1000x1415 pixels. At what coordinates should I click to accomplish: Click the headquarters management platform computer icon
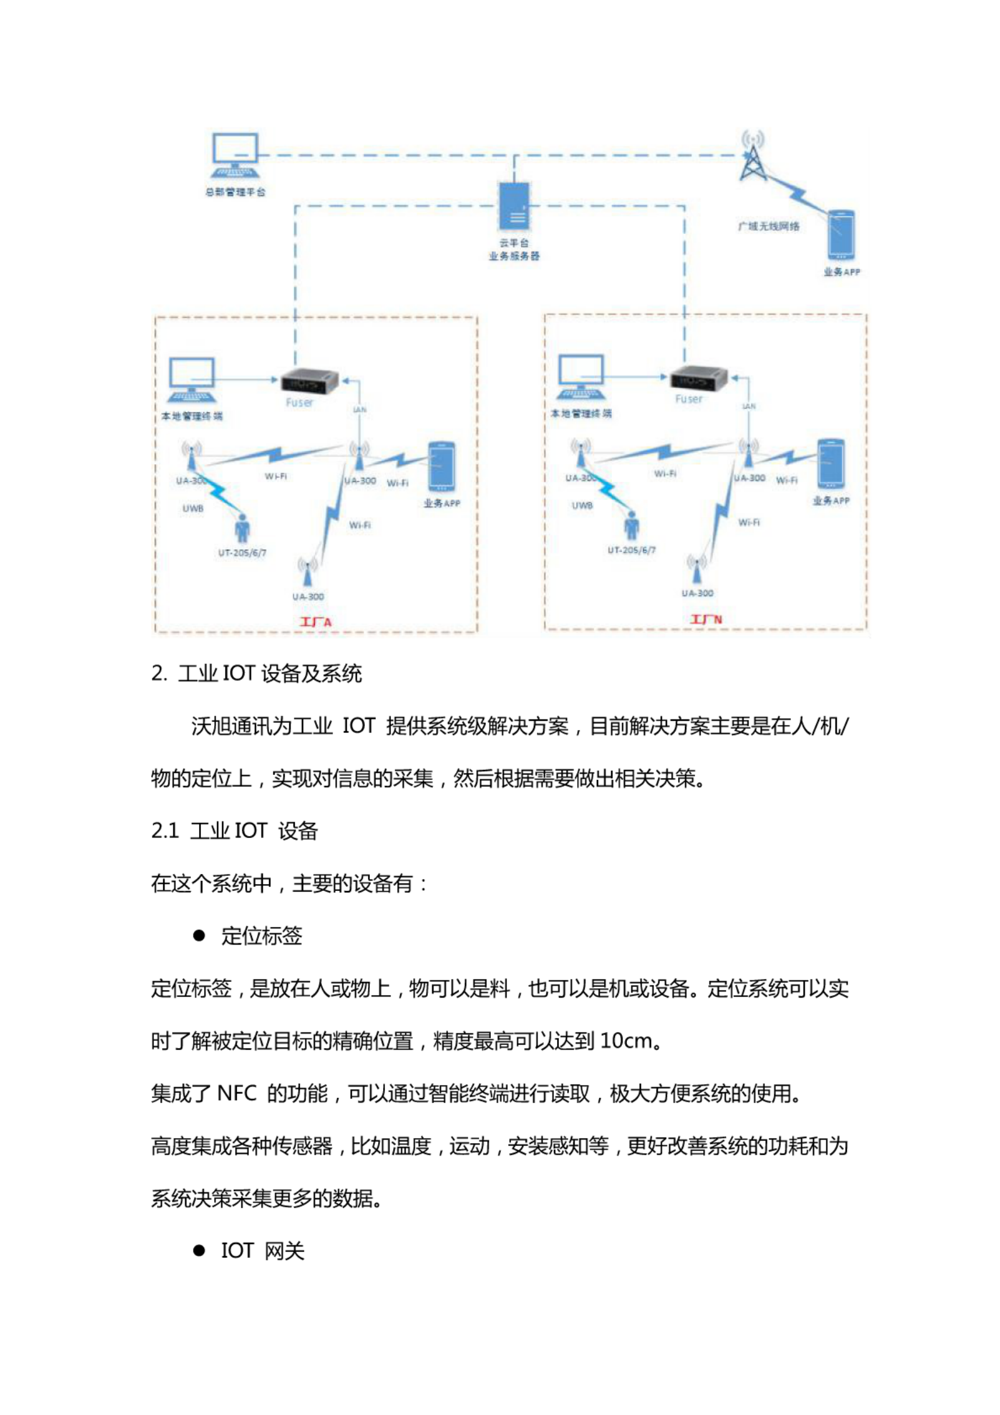(x=235, y=155)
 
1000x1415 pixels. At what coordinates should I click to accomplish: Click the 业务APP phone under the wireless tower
(x=841, y=235)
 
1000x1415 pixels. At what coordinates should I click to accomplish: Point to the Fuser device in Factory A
(x=309, y=381)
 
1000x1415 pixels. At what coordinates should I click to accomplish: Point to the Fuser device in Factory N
(x=698, y=379)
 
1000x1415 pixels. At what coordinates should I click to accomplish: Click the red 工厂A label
(x=315, y=622)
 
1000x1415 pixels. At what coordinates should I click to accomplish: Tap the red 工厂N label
(x=706, y=619)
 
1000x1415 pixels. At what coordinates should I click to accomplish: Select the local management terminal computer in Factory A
(x=192, y=380)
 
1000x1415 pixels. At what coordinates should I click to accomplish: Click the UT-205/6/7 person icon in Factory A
(x=242, y=528)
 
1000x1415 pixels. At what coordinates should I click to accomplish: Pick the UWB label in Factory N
(x=582, y=505)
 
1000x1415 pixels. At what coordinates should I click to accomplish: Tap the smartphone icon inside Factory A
(x=441, y=467)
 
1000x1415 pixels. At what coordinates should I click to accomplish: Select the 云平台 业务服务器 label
(x=514, y=250)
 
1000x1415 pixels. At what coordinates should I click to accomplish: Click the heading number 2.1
(x=165, y=831)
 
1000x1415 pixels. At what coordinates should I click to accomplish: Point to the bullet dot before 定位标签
(x=200, y=936)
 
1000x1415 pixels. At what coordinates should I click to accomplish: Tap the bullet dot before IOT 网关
(x=200, y=1250)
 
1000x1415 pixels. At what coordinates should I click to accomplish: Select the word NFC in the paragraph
(x=236, y=1093)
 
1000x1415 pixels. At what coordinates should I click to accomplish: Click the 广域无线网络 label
(x=769, y=226)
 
